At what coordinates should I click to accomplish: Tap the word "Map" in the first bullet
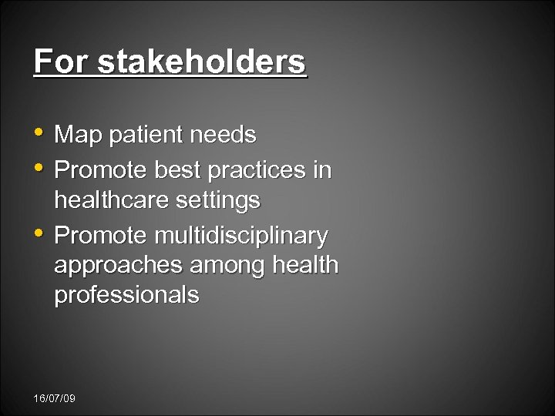pos(79,136)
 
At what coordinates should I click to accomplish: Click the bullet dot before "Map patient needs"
pos(40,134)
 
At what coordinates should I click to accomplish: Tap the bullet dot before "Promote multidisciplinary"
pos(40,232)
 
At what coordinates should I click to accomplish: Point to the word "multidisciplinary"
pos(240,234)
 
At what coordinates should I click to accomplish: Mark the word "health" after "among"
pos(306,265)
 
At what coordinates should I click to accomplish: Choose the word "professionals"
pos(126,295)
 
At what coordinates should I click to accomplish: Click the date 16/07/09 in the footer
pos(54,398)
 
